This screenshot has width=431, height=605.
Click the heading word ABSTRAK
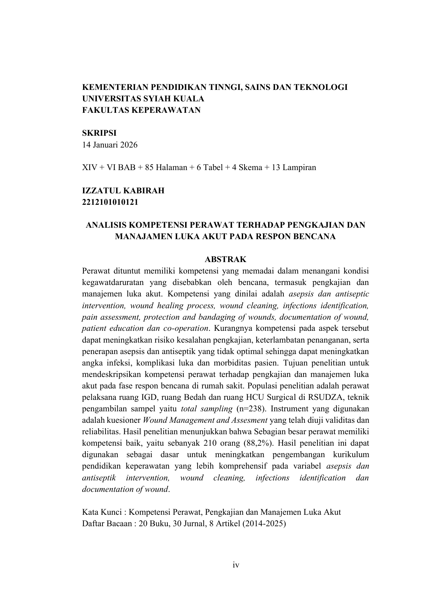[225, 259]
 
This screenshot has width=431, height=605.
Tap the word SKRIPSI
[99, 133]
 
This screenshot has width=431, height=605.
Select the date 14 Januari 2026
[110, 145]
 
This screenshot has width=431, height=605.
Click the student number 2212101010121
[110, 202]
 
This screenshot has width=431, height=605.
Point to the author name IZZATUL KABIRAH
[123, 191]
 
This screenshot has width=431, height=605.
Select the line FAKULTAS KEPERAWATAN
[141, 110]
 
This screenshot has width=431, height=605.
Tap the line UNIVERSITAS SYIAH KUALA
[143, 99]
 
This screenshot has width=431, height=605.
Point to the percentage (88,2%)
[257, 443]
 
